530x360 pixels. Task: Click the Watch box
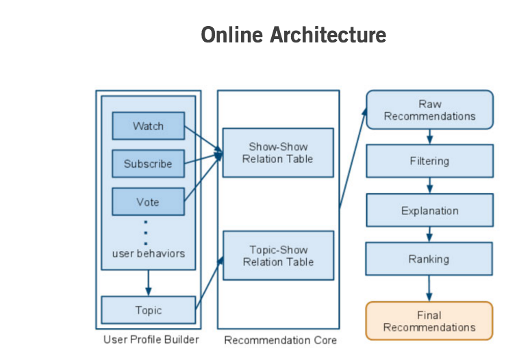coord(148,126)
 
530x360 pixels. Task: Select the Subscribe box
coord(148,164)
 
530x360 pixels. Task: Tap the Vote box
coord(148,202)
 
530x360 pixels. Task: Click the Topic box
coord(148,309)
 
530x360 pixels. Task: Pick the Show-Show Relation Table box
coord(278,153)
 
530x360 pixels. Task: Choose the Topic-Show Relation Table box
coord(278,255)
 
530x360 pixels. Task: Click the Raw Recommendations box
coord(429,110)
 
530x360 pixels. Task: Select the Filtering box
coord(429,161)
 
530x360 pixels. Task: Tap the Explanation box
coord(429,210)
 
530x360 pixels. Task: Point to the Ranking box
coord(429,259)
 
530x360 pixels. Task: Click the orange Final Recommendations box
coord(429,321)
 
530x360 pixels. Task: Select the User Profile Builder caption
coord(151,339)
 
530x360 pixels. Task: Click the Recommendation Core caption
coord(281,340)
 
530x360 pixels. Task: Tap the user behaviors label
coord(148,253)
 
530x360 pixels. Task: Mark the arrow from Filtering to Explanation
coord(429,185)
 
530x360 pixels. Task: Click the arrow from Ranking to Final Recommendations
coord(429,288)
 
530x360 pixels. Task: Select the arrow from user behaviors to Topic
coord(148,283)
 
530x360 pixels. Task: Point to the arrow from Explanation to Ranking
coord(429,235)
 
